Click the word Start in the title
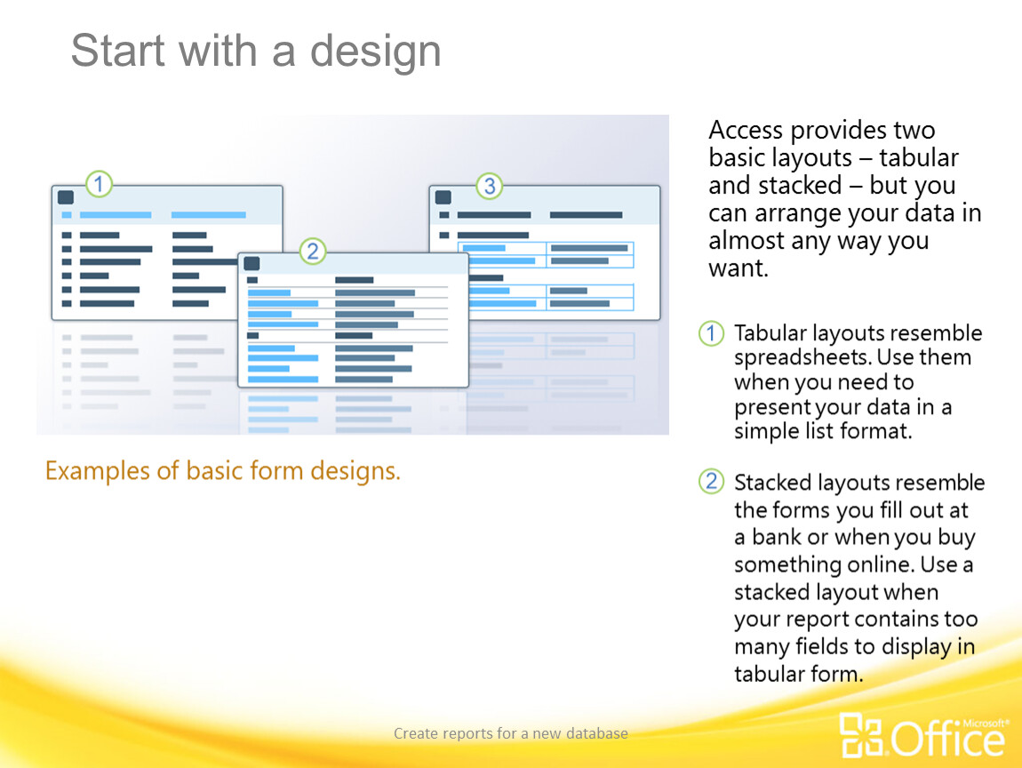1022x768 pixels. click(117, 50)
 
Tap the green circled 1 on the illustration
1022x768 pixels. click(99, 184)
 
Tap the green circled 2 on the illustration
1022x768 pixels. click(313, 251)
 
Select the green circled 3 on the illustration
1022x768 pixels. click(490, 186)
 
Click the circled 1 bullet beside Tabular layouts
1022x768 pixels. click(711, 333)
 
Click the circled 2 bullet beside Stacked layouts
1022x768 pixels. click(711, 482)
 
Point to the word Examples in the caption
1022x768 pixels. click(97, 471)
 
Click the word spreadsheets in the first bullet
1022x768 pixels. click(802, 358)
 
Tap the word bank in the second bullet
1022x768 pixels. click(777, 537)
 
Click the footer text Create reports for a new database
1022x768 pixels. click(511, 733)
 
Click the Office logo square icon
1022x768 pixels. click(861, 735)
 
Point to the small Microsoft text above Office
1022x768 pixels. click(986, 723)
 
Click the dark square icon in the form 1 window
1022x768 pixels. click(66, 197)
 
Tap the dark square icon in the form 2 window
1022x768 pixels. click(252, 263)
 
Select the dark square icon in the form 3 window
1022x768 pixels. click(443, 197)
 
